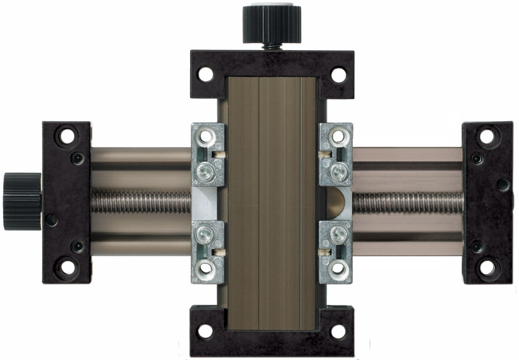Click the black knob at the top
(268, 24)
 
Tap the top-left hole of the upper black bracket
(205, 75)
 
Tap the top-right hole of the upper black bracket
(338, 75)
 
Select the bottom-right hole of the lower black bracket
(338, 331)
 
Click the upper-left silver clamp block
(207, 154)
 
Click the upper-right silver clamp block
(336, 154)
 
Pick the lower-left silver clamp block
(207, 251)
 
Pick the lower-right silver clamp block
(336, 251)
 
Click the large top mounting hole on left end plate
(67, 135)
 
